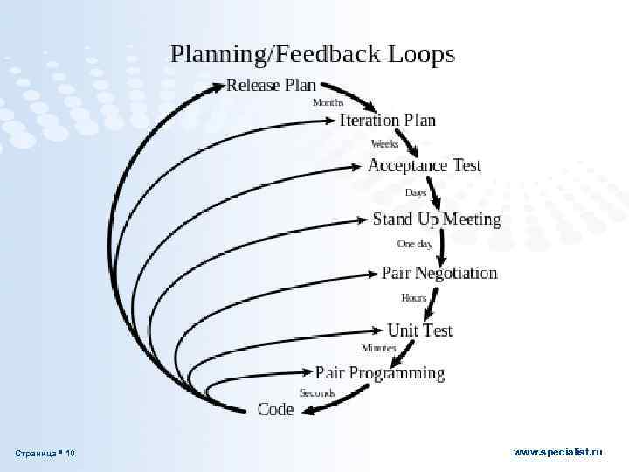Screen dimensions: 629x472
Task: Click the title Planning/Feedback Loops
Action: point(312,54)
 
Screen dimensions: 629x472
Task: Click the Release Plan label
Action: point(271,86)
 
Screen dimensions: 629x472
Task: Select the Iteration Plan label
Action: point(387,121)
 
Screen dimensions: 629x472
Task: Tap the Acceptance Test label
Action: point(424,165)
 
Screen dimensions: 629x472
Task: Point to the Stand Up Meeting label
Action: point(437,219)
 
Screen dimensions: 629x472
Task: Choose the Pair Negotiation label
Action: point(439,273)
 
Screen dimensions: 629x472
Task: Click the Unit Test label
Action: point(419,330)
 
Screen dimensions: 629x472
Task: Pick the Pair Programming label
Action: point(379,373)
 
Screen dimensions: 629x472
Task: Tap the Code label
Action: point(275,409)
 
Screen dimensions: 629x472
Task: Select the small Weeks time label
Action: point(385,143)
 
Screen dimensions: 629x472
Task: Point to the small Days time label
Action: point(415,192)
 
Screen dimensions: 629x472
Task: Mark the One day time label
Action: point(415,244)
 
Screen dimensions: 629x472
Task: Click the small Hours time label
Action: point(414,298)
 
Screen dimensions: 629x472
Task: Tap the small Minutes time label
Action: point(378,348)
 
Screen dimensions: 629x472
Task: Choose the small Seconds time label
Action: point(317,393)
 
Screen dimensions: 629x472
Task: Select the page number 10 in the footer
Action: point(70,453)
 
